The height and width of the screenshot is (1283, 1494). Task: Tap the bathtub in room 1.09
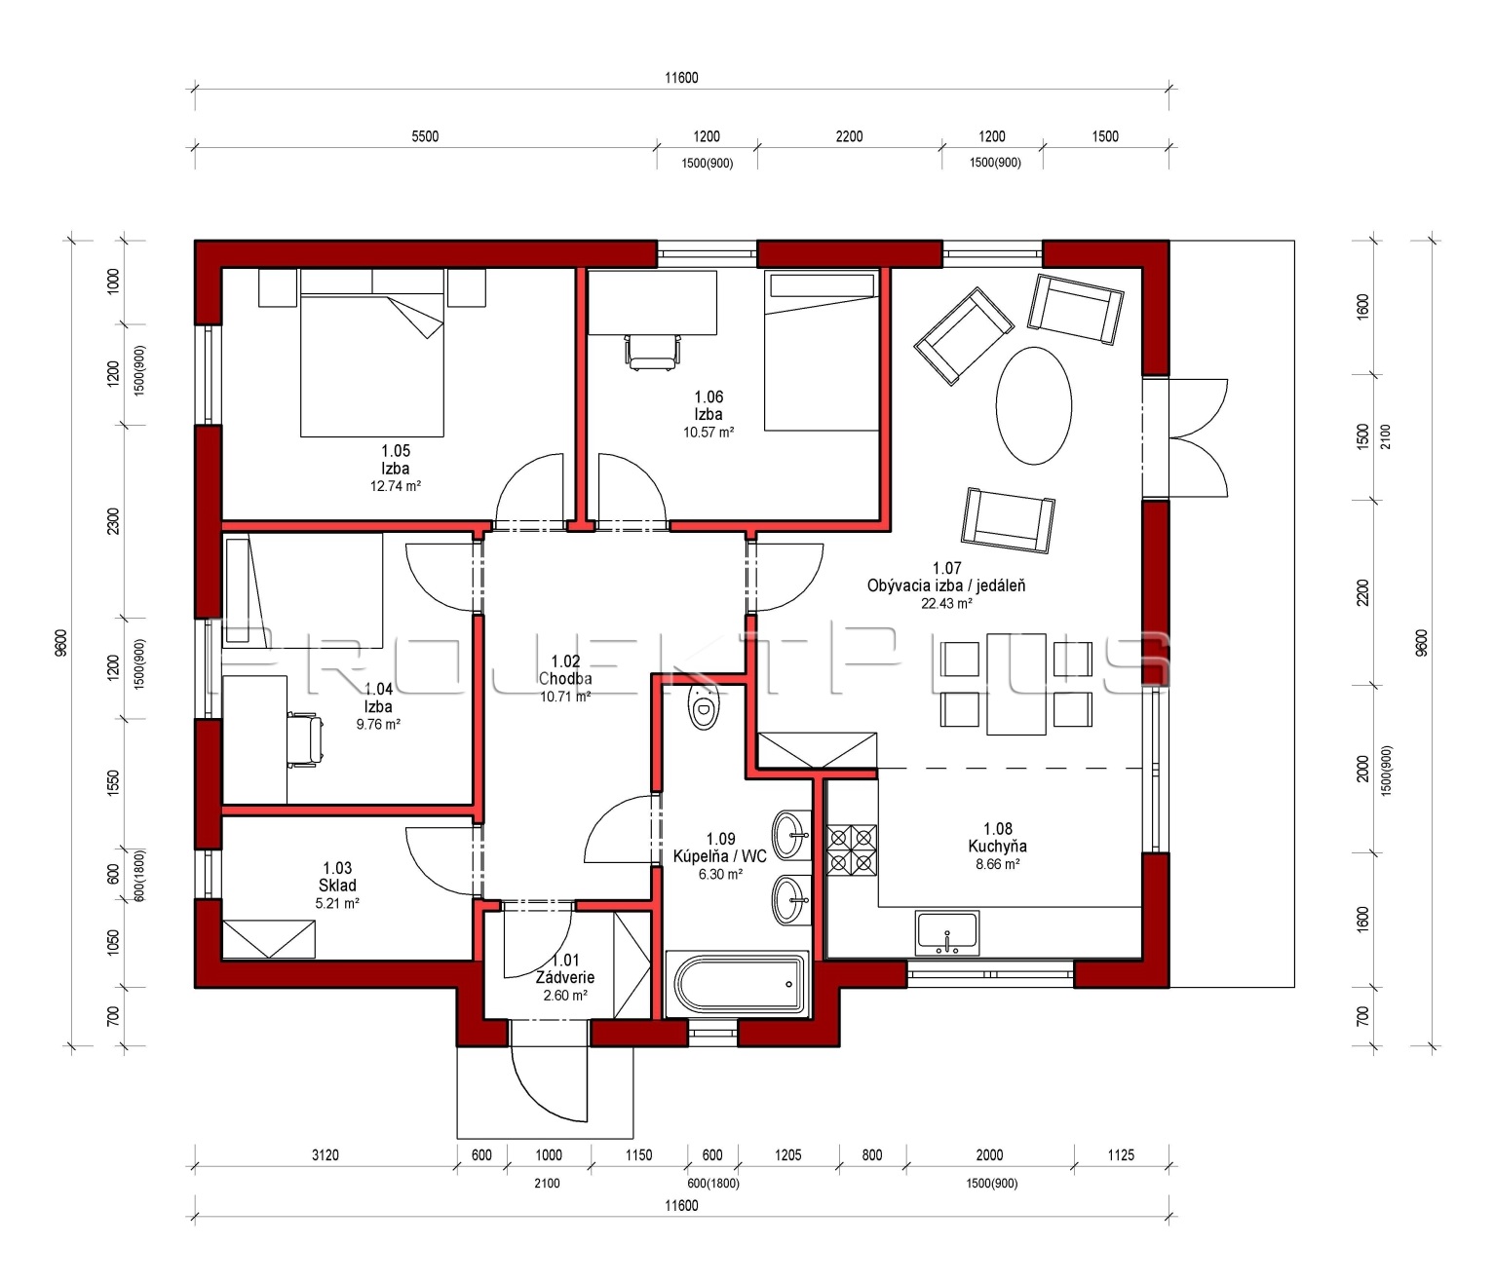point(736,983)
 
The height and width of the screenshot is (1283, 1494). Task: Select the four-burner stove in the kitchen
point(852,849)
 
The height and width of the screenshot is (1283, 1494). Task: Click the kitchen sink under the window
point(947,932)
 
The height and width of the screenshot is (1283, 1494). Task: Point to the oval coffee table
point(1034,405)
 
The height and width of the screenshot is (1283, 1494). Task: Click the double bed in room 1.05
point(371,354)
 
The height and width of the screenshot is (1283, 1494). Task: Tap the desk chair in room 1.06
point(653,352)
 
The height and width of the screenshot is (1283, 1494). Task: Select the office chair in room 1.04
point(305,739)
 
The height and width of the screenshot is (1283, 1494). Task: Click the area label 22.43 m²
point(946,603)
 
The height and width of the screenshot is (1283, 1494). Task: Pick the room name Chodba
point(565,678)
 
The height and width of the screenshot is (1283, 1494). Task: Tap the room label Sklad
point(337,885)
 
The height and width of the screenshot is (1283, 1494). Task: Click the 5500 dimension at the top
point(425,135)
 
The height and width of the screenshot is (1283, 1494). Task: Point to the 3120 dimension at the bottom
point(326,1155)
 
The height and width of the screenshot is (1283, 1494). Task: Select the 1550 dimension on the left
point(113,784)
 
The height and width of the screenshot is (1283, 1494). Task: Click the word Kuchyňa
point(997,846)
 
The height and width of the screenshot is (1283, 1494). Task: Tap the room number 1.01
point(565,961)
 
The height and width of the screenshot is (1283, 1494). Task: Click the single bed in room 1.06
point(822,351)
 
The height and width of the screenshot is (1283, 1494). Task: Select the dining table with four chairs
point(1016,684)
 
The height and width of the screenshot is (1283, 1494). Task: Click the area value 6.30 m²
point(720,874)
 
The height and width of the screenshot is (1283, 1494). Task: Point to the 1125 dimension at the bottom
point(1121,1155)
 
